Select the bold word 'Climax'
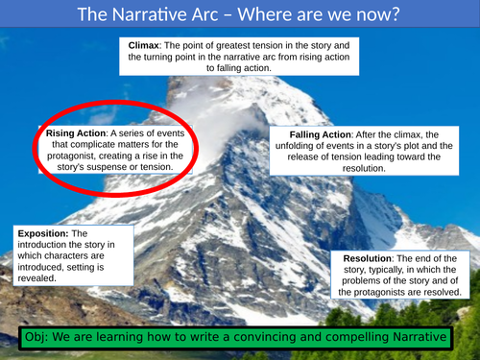coord(145,45)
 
